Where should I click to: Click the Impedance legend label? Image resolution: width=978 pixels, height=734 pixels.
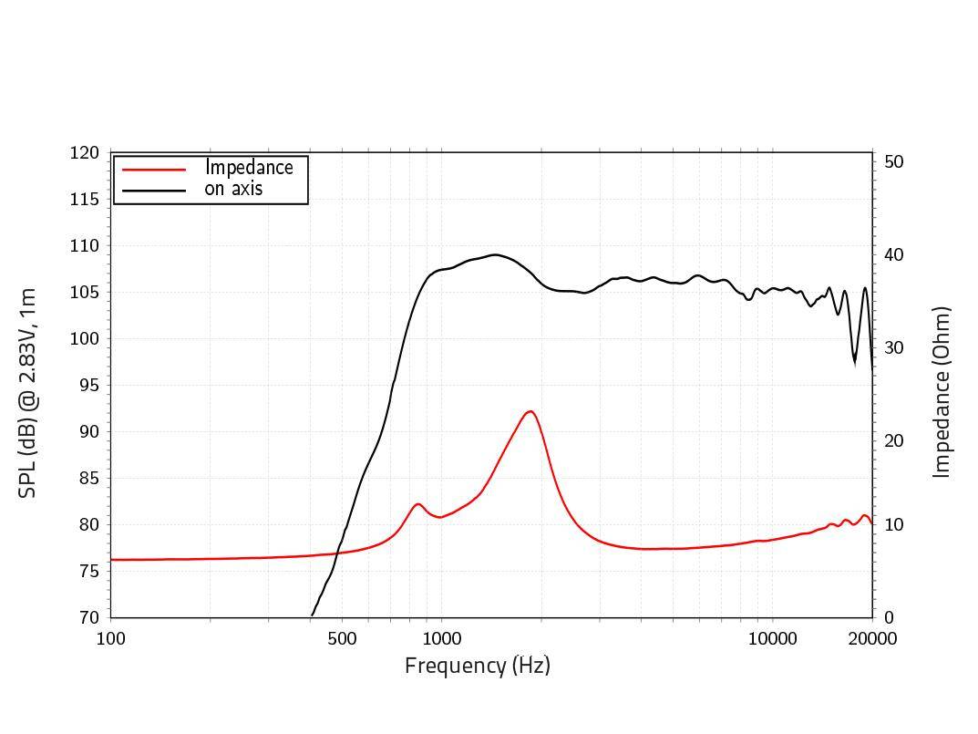pyautogui.click(x=249, y=168)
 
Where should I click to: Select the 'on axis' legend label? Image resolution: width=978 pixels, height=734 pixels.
pyautogui.click(x=233, y=189)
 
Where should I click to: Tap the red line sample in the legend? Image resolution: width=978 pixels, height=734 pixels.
pyautogui.click(x=154, y=169)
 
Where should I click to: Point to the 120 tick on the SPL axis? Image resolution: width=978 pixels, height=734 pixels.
pyautogui.click(x=84, y=153)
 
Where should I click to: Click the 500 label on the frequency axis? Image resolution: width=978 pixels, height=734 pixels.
pyautogui.click(x=342, y=638)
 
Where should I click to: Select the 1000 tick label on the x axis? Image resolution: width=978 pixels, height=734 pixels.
pyautogui.click(x=441, y=638)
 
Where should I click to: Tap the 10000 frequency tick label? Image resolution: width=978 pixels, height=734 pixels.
pyautogui.click(x=773, y=638)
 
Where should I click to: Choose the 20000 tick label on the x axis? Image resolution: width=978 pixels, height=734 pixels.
pyautogui.click(x=872, y=638)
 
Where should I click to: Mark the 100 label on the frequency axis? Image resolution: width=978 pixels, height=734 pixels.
pyautogui.click(x=110, y=638)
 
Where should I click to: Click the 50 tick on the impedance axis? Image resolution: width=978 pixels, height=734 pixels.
pyautogui.click(x=893, y=162)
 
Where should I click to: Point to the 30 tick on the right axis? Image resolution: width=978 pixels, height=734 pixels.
pyautogui.click(x=893, y=348)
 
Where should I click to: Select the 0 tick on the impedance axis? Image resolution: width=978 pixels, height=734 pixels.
pyautogui.click(x=889, y=617)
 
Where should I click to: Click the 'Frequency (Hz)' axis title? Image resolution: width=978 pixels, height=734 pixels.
pyautogui.click(x=477, y=666)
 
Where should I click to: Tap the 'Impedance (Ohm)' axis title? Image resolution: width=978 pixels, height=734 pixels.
pyautogui.click(x=942, y=392)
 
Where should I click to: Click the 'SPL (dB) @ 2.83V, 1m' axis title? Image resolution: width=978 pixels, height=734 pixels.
pyautogui.click(x=27, y=392)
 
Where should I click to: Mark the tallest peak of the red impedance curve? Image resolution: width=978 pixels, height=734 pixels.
pyautogui.click(x=530, y=411)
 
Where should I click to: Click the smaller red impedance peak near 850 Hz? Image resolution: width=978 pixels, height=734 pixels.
pyautogui.click(x=418, y=504)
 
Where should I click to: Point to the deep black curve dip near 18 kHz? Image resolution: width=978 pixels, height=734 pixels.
pyautogui.click(x=854, y=362)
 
